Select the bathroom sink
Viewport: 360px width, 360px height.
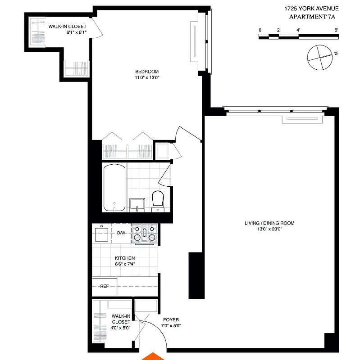pos(137,205)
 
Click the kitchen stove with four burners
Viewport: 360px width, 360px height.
pos(145,233)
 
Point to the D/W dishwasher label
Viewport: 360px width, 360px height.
pos(121,233)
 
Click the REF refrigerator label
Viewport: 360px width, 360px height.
pos(104,286)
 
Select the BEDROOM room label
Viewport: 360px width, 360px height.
pos(147,72)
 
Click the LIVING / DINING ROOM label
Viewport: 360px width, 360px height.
pos(269,223)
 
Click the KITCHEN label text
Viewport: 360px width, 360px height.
pos(125,258)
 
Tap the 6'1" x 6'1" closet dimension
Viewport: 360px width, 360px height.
pos(67,32)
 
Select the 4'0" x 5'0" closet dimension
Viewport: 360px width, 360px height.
pos(121,328)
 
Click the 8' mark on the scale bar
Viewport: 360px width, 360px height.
pos(336,30)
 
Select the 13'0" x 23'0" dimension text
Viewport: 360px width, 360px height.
pos(269,229)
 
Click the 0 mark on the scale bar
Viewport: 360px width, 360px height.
pos(260,30)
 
